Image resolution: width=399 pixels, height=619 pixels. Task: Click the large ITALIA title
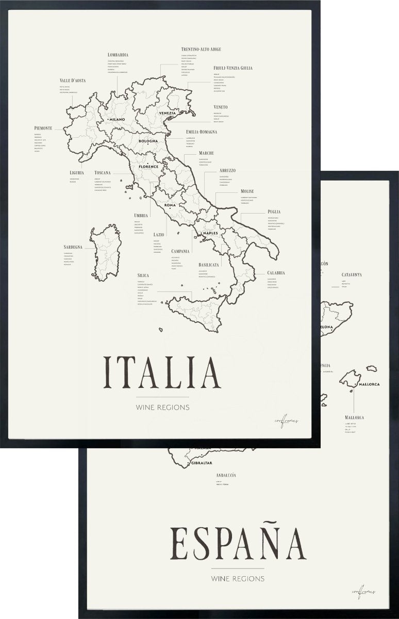(x=163, y=371)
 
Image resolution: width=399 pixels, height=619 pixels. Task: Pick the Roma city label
(x=170, y=205)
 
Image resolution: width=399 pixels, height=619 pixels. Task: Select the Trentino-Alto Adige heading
(x=201, y=49)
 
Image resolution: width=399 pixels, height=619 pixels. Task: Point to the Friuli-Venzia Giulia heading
(x=233, y=68)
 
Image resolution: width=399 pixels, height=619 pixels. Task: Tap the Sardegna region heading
(x=73, y=247)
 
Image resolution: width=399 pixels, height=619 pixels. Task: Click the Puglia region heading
(x=274, y=211)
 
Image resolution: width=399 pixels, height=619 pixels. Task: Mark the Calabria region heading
(x=276, y=273)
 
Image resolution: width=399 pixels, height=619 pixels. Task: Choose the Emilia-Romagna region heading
(x=202, y=132)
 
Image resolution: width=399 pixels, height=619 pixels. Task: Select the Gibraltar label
(x=202, y=463)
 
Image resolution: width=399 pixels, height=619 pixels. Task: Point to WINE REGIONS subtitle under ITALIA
(x=163, y=407)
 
